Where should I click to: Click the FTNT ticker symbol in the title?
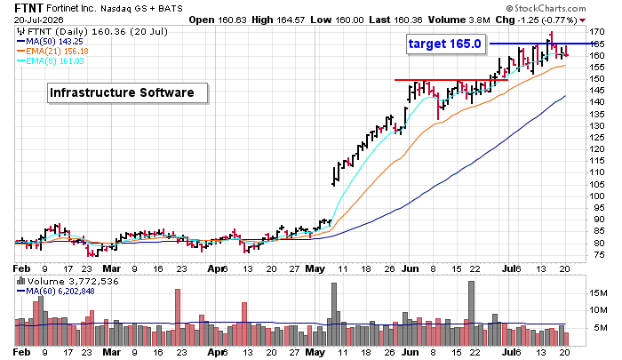point(28,8)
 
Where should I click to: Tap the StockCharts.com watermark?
point(546,8)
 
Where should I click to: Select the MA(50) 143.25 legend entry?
point(50,41)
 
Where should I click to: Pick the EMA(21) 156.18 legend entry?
point(52,52)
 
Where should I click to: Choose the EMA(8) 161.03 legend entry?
point(51,60)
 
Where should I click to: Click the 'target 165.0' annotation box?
point(444,44)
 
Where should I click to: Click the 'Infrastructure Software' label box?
point(127,92)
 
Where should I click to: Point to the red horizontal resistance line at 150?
point(451,80)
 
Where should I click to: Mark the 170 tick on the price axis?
point(596,32)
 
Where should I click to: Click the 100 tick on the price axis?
point(596,196)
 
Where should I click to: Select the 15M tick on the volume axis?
point(598,293)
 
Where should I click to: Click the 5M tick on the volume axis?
point(600,327)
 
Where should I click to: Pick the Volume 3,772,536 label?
point(68,282)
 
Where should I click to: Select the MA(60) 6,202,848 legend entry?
point(56,292)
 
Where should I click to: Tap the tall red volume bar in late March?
point(178,317)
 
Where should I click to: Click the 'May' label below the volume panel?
point(315,352)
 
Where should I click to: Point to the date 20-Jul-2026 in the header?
point(38,20)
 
